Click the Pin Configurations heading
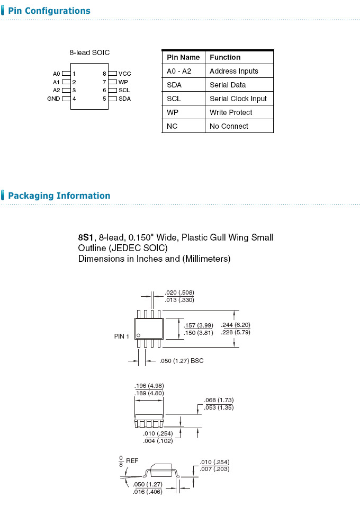pos(49,11)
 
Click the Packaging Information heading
pos(59,196)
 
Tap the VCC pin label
pos(124,74)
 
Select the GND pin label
pos(53,99)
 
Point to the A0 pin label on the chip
pos(57,74)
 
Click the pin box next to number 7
pos(112,82)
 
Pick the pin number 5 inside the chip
pos(105,99)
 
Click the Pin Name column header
pos(183,57)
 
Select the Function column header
pos(225,57)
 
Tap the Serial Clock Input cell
pos(238,99)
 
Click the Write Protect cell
pos(231,112)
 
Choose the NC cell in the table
pos(172,126)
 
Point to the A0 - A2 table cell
pos(179,71)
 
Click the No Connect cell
pos(229,126)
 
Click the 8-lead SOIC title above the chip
pos(89,52)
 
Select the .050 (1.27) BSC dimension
pos(181,361)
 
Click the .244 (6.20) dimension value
pos(236,325)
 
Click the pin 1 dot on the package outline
pos(139,335)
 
